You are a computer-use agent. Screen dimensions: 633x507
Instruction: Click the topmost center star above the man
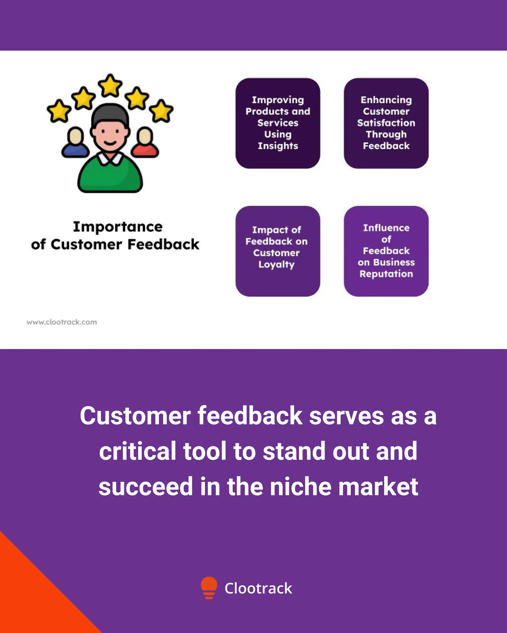pos(110,85)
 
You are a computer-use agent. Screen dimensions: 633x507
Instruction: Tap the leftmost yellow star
pos(59,111)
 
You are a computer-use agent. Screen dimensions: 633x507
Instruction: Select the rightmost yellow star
pos(161,111)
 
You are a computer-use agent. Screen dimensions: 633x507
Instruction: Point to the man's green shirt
pos(110,176)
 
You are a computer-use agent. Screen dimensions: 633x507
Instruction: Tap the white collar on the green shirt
pos(110,158)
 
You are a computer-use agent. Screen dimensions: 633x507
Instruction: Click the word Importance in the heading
pos(118,227)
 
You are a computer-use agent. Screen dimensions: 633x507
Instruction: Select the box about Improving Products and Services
pos(278,123)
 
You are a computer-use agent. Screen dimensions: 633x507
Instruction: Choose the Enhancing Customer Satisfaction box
pos(386,123)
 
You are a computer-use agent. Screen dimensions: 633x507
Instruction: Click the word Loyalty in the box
pos(276,265)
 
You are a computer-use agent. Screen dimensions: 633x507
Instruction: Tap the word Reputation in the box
pos(386,274)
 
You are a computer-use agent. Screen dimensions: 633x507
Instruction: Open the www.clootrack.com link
pos(62,322)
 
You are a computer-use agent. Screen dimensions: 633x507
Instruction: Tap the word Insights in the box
pos(278,146)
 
